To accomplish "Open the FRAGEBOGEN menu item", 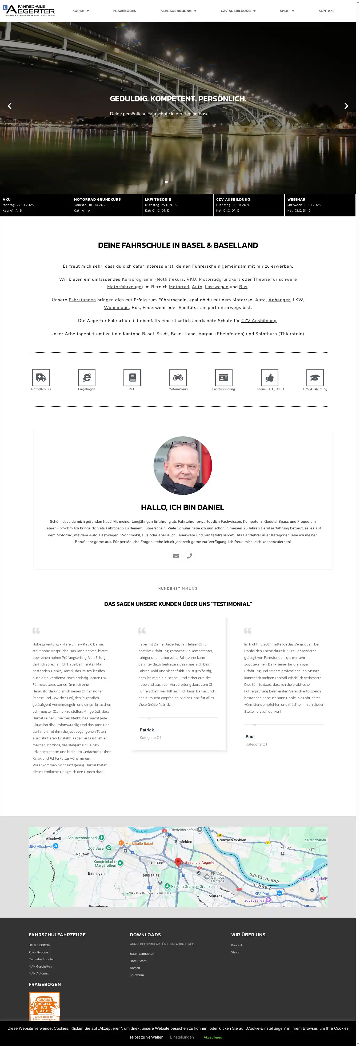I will [125, 11].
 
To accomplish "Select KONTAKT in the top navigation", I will [326, 11].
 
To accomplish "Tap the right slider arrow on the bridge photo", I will [346, 106].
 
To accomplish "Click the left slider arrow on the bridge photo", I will [10, 106].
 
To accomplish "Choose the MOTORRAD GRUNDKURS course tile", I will [97, 199].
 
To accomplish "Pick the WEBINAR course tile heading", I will [296, 199].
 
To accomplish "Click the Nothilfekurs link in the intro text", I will [170, 279].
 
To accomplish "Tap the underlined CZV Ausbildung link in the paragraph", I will [259, 321].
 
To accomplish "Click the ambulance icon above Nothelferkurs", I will [41, 378].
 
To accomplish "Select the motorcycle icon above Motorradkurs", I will [178, 378].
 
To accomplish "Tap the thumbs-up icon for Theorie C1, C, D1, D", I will [270, 378].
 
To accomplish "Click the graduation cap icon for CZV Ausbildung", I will [315, 378].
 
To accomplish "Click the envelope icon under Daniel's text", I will [176, 556].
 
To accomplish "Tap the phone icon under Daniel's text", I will [189, 556].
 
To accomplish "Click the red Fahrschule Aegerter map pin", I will [178, 861].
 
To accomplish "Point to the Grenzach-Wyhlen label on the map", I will [231, 840].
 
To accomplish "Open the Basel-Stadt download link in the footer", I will [138, 961].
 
